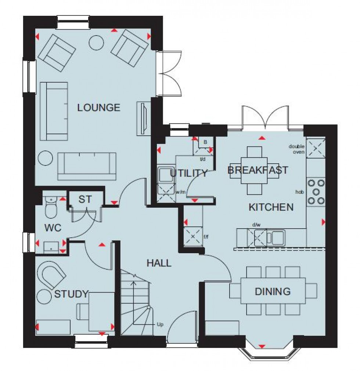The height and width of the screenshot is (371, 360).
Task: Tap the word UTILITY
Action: click(189, 173)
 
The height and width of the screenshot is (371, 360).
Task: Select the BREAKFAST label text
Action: click(258, 170)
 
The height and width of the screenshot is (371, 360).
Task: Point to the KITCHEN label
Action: click(271, 207)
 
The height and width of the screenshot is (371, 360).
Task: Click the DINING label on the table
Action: click(273, 292)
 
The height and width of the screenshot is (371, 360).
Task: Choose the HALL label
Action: click(159, 263)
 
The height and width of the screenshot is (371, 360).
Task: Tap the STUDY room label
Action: click(72, 294)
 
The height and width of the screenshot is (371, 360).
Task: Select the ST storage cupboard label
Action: click(85, 199)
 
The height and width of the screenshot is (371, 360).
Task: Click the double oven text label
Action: click(296, 149)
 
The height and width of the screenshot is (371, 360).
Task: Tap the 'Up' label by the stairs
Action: click(160, 324)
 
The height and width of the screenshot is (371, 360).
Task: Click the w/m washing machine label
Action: click(180, 192)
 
